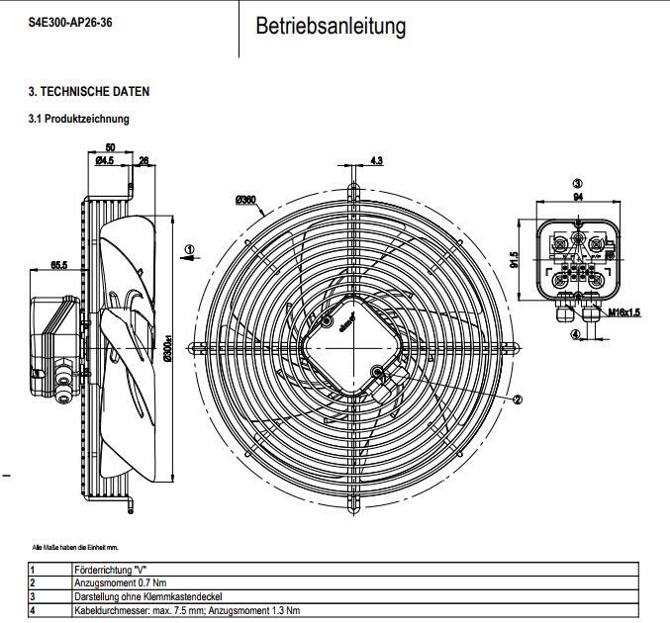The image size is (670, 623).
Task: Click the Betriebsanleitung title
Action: point(331,27)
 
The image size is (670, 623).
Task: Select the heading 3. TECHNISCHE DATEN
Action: point(88,92)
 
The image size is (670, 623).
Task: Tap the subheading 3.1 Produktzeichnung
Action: point(79,119)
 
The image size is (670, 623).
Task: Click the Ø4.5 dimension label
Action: point(104,160)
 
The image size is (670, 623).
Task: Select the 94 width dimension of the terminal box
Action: point(578,197)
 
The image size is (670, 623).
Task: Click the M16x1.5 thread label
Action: point(624,311)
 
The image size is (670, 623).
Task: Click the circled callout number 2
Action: point(517,400)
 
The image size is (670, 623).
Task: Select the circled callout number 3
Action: point(578,183)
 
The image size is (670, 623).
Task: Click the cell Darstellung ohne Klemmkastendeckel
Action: point(148,597)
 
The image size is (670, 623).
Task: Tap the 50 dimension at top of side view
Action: point(109,147)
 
